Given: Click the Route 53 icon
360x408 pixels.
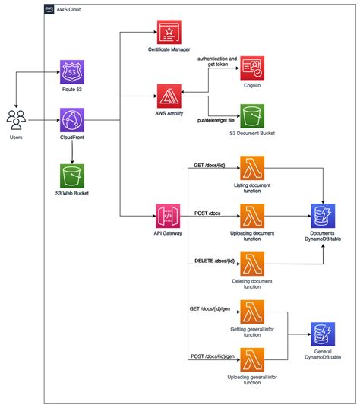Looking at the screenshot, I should [73, 72].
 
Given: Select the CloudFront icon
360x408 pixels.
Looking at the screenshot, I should [73, 119].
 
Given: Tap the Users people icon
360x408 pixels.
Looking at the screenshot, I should [17, 120].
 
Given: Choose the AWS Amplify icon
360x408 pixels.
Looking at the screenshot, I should [169, 96].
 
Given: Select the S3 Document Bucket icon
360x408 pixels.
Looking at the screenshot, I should [251, 117].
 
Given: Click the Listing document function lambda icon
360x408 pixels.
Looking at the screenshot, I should [251, 169].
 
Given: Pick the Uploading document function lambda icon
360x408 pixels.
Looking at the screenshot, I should [251, 216].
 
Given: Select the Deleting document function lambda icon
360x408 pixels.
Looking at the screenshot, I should [251, 264].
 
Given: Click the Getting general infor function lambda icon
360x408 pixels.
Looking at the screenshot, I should [251, 312].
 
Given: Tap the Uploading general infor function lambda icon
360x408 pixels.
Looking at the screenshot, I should [251, 359].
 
